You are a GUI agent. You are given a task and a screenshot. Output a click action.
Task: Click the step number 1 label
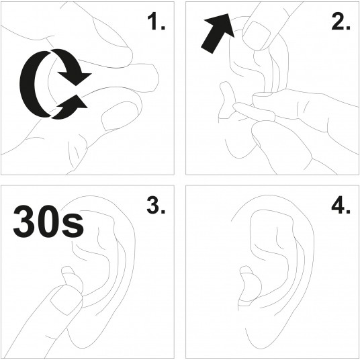[x=156, y=21]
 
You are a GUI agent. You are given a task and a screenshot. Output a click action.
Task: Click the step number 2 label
[x=341, y=21]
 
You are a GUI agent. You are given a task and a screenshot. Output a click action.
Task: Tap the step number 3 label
[x=156, y=205]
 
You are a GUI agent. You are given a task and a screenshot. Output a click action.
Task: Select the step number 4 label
[x=341, y=205]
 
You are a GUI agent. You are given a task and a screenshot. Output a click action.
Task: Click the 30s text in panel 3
[x=48, y=222]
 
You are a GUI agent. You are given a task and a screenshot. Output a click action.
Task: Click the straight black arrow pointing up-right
[x=218, y=34]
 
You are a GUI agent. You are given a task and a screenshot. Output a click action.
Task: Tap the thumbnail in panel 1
[x=120, y=116]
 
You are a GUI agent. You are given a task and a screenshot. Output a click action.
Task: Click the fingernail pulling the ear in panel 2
[x=257, y=36]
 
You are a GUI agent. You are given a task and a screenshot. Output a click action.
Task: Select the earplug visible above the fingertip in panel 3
[x=71, y=278]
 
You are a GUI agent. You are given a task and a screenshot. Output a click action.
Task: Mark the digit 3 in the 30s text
[x=24, y=222]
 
